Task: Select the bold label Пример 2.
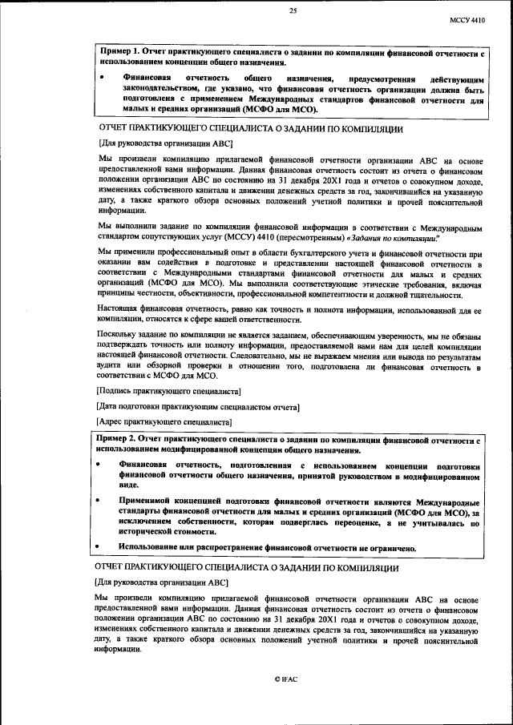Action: click(117, 440)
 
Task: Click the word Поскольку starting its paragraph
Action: click(118, 338)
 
